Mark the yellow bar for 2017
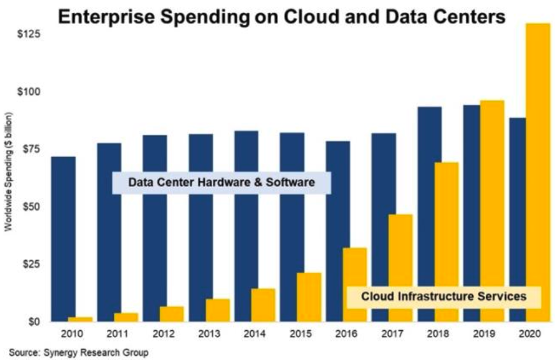click(x=400, y=268)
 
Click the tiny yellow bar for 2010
click(x=80, y=319)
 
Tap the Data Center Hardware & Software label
click(x=221, y=183)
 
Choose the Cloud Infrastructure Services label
click(x=444, y=296)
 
